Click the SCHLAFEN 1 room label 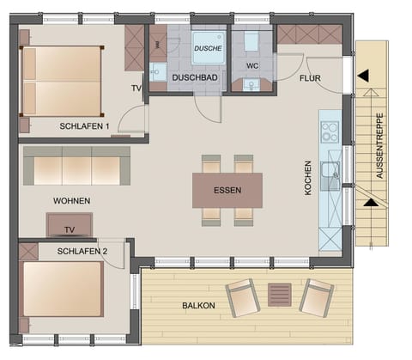(85, 126)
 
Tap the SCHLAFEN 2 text (82, 251)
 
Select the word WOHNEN (71, 200)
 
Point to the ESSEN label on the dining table (227, 190)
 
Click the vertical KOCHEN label (308, 181)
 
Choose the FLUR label (310, 78)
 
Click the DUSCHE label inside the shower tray (206, 49)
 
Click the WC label (251, 65)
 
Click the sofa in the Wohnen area (76, 165)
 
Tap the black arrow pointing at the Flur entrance (364, 76)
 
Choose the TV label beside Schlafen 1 (136, 89)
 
